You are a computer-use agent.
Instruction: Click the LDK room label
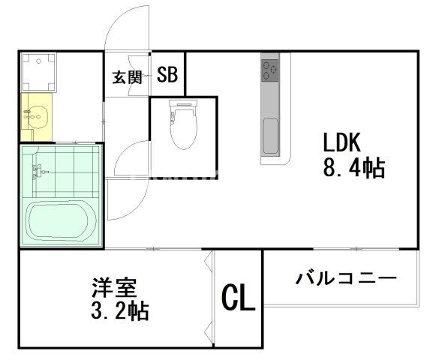[343, 142]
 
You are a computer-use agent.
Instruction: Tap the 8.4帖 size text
[353, 168]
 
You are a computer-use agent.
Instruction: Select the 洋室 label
[109, 287]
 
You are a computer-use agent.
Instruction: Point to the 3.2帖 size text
[118, 310]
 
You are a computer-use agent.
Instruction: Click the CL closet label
[239, 298]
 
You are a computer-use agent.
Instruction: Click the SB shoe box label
[167, 75]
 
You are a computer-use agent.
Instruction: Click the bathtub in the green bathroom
[59, 220]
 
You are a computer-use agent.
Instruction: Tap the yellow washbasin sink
[35, 115]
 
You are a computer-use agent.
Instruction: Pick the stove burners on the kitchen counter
[269, 71]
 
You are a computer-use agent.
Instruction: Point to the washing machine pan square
[36, 72]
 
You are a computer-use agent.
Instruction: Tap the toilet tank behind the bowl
[183, 105]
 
